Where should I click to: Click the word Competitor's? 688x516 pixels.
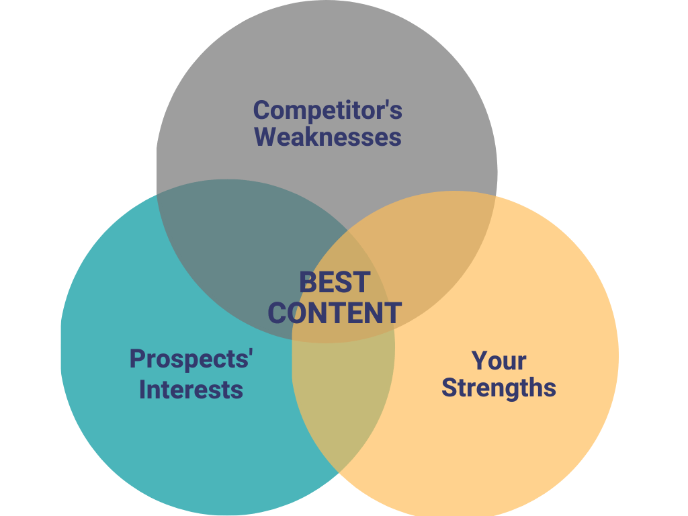coord(327,111)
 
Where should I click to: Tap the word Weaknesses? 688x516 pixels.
coord(328,136)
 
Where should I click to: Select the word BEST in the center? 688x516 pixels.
coord(335,282)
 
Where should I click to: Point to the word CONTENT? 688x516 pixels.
coord(335,313)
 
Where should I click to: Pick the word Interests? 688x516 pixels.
coord(191,390)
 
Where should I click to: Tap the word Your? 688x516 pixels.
coord(499,361)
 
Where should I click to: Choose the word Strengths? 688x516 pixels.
coord(499,388)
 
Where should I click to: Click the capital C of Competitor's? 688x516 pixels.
coord(261,110)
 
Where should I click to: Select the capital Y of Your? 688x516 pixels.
coord(480,361)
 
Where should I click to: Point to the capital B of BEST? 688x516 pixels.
coord(308,282)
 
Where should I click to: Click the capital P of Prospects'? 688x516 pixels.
coord(137,359)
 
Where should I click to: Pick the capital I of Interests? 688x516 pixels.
coord(142,390)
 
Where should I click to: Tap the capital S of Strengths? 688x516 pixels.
coord(449,388)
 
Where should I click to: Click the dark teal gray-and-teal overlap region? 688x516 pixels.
coord(237,246)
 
